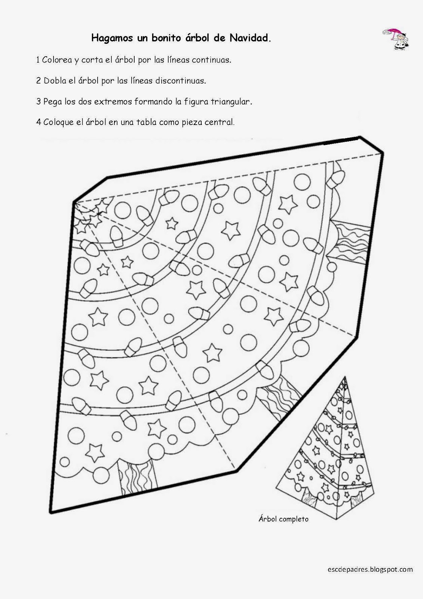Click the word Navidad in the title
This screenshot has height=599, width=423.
click(250, 38)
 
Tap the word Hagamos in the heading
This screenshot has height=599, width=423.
click(112, 39)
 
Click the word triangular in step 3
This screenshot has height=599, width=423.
click(232, 101)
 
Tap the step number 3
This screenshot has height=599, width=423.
click(39, 101)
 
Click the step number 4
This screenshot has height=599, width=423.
click(39, 122)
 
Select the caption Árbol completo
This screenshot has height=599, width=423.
click(283, 519)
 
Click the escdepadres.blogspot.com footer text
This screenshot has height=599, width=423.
click(370, 569)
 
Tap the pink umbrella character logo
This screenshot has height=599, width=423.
click(396, 39)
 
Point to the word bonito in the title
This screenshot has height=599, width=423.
click(167, 38)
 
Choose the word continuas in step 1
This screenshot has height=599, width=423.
click(211, 60)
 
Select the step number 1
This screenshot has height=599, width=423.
click(38, 60)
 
